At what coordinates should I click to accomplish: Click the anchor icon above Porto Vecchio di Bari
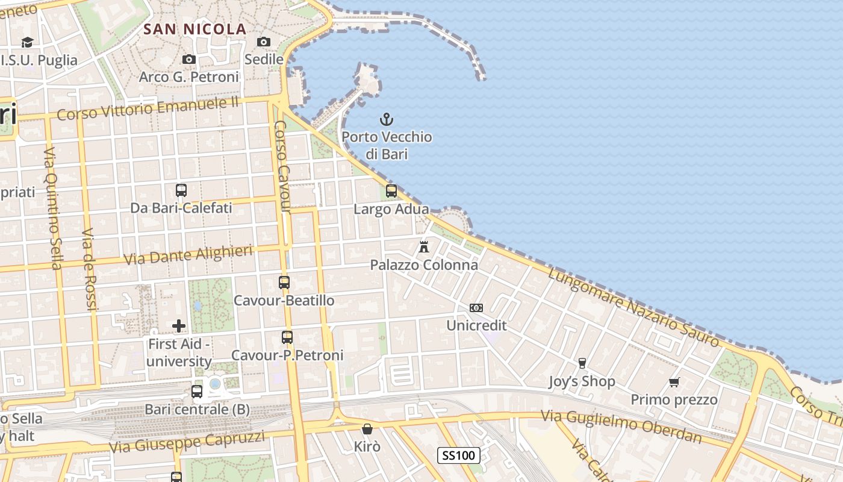pyautogui.click(x=386, y=119)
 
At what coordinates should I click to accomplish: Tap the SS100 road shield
pyautogui.click(x=458, y=455)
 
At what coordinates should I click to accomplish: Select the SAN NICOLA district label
pyautogui.click(x=195, y=29)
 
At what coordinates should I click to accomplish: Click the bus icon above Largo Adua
pyautogui.click(x=391, y=191)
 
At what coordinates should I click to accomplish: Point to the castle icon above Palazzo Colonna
pyautogui.click(x=424, y=246)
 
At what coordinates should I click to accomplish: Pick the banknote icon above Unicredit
pyautogui.click(x=476, y=308)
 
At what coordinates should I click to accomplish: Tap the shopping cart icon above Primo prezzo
pyautogui.click(x=674, y=382)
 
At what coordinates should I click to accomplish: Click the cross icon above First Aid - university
pyautogui.click(x=179, y=326)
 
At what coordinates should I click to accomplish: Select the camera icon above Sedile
pyautogui.click(x=264, y=42)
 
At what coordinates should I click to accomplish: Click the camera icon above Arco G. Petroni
pyautogui.click(x=189, y=59)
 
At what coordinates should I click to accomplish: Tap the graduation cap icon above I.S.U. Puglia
pyautogui.click(x=27, y=42)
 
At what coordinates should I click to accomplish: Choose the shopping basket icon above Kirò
pyautogui.click(x=367, y=429)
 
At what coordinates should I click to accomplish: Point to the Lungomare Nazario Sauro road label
pyautogui.click(x=635, y=307)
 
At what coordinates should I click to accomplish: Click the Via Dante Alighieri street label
pyautogui.click(x=188, y=255)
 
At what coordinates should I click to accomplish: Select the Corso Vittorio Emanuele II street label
pyautogui.click(x=148, y=108)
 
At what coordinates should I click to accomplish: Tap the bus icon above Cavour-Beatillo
pyautogui.click(x=284, y=282)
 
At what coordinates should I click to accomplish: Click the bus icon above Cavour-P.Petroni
pyautogui.click(x=287, y=337)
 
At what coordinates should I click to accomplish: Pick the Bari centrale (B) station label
pyautogui.click(x=197, y=410)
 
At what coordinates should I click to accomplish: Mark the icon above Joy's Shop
pyautogui.click(x=582, y=363)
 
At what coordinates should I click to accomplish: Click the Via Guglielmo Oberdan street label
pyautogui.click(x=621, y=426)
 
